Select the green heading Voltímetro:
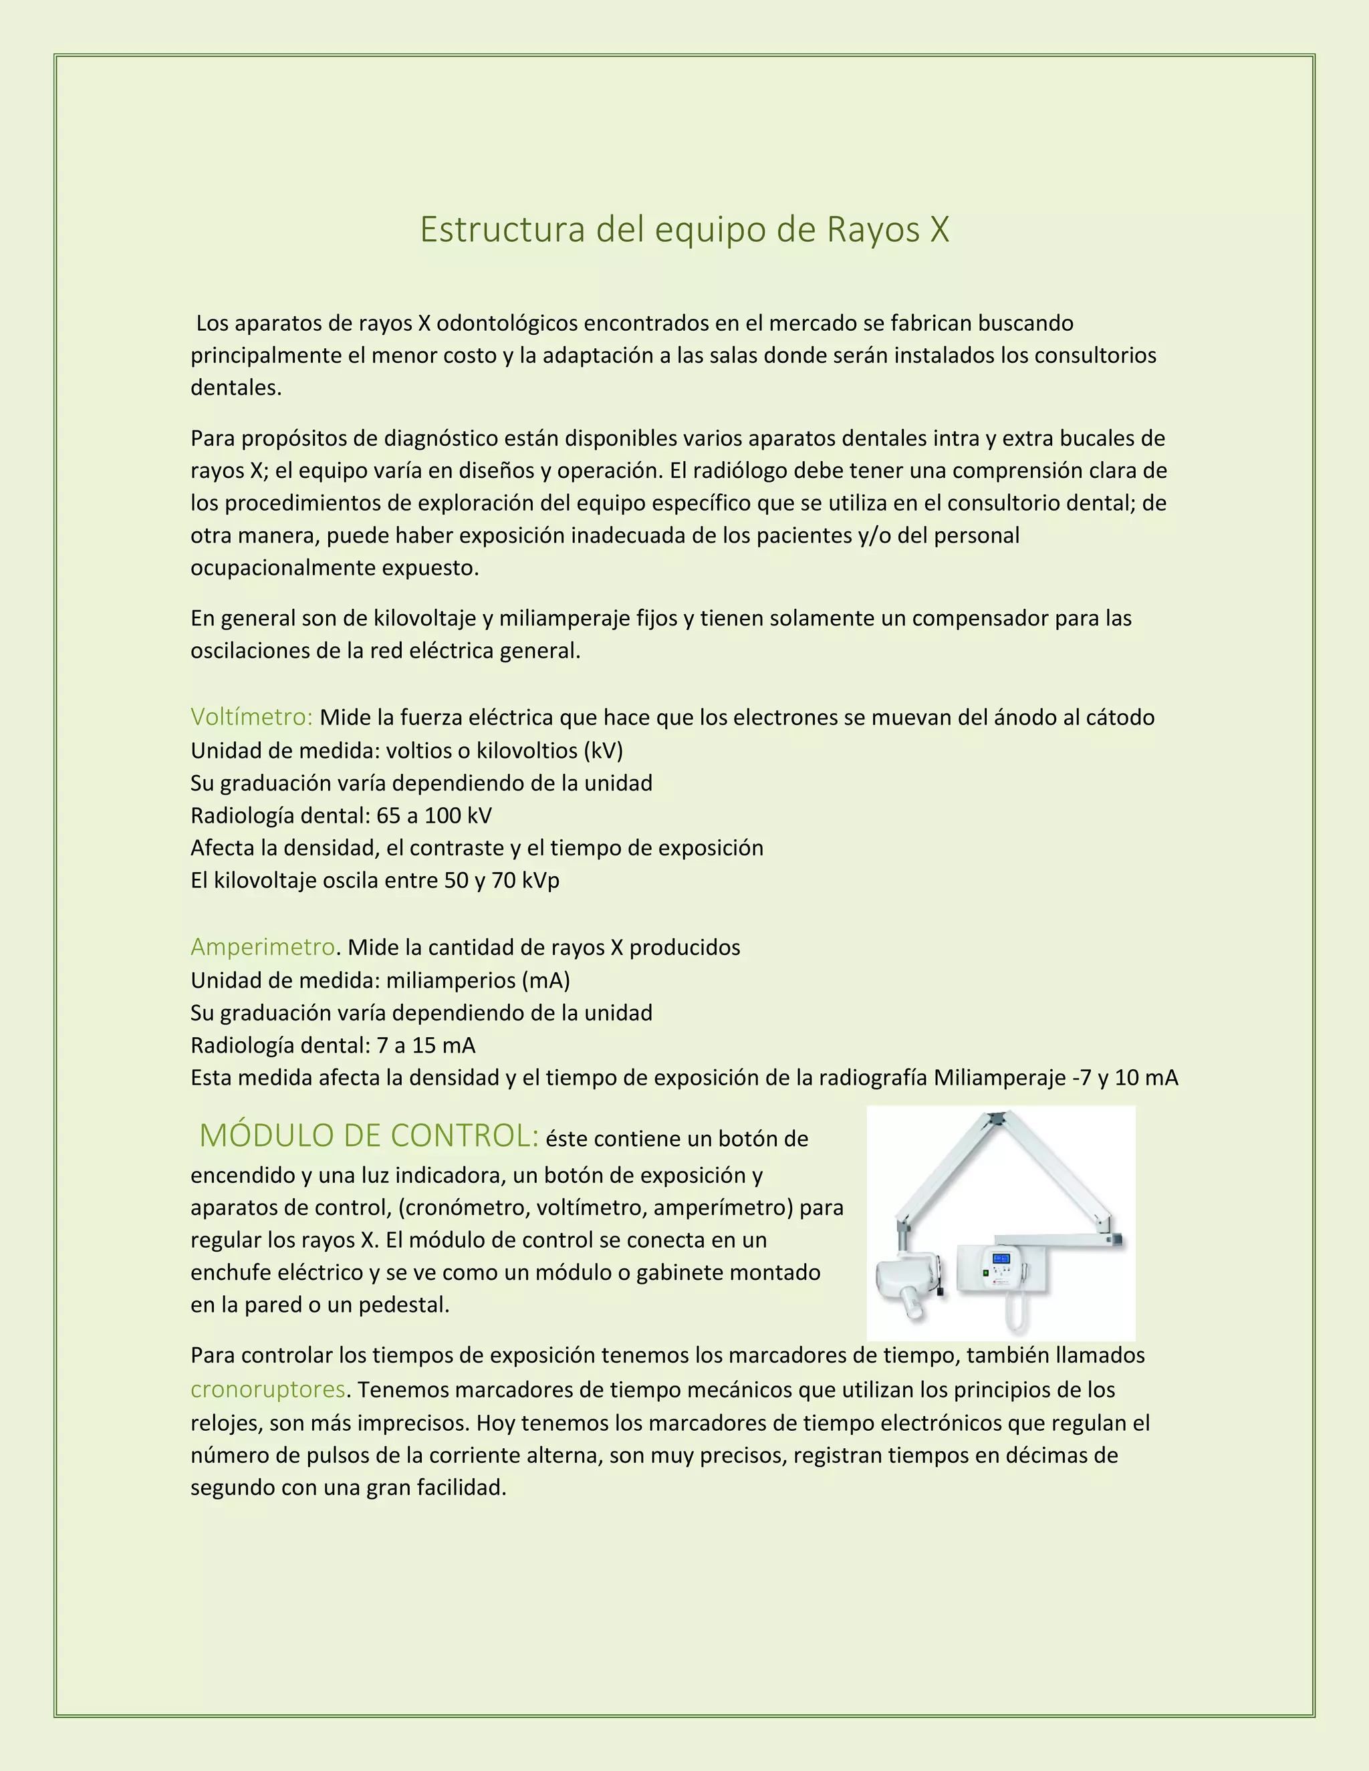[251, 717]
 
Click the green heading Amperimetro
[262, 946]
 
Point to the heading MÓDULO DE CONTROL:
[369, 1135]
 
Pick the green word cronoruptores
[267, 1389]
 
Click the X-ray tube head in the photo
[905, 1281]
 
